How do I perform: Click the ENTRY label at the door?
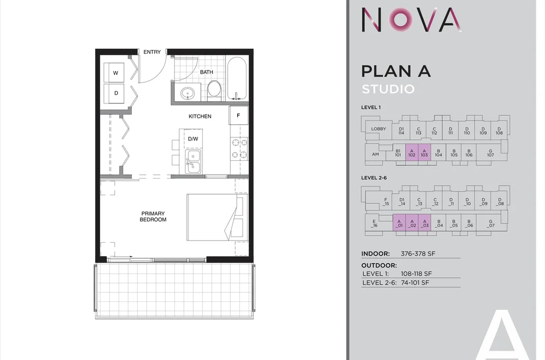(x=152, y=52)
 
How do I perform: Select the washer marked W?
(x=114, y=73)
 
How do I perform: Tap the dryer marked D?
(x=114, y=93)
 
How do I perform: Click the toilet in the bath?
(x=214, y=89)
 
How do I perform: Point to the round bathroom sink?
(x=188, y=93)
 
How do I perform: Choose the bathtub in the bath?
(x=237, y=79)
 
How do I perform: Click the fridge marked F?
(x=238, y=115)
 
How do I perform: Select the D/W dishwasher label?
(x=193, y=139)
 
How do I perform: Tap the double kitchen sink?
(x=193, y=161)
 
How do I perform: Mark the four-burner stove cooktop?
(x=239, y=148)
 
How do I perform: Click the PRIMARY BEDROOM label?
(x=153, y=216)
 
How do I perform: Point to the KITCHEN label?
(x=200, y=116)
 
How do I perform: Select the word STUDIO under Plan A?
(x=388, y=89)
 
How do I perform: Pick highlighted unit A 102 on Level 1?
(x=412, y=152)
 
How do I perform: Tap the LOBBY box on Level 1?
(x=379, y=129)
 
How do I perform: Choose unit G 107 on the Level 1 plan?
(x=491, y=152)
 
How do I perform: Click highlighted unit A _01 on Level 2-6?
(x=399, y=223)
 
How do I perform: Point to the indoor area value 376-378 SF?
(x=418, y=253)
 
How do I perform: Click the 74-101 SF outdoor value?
(x=415, y=283)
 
